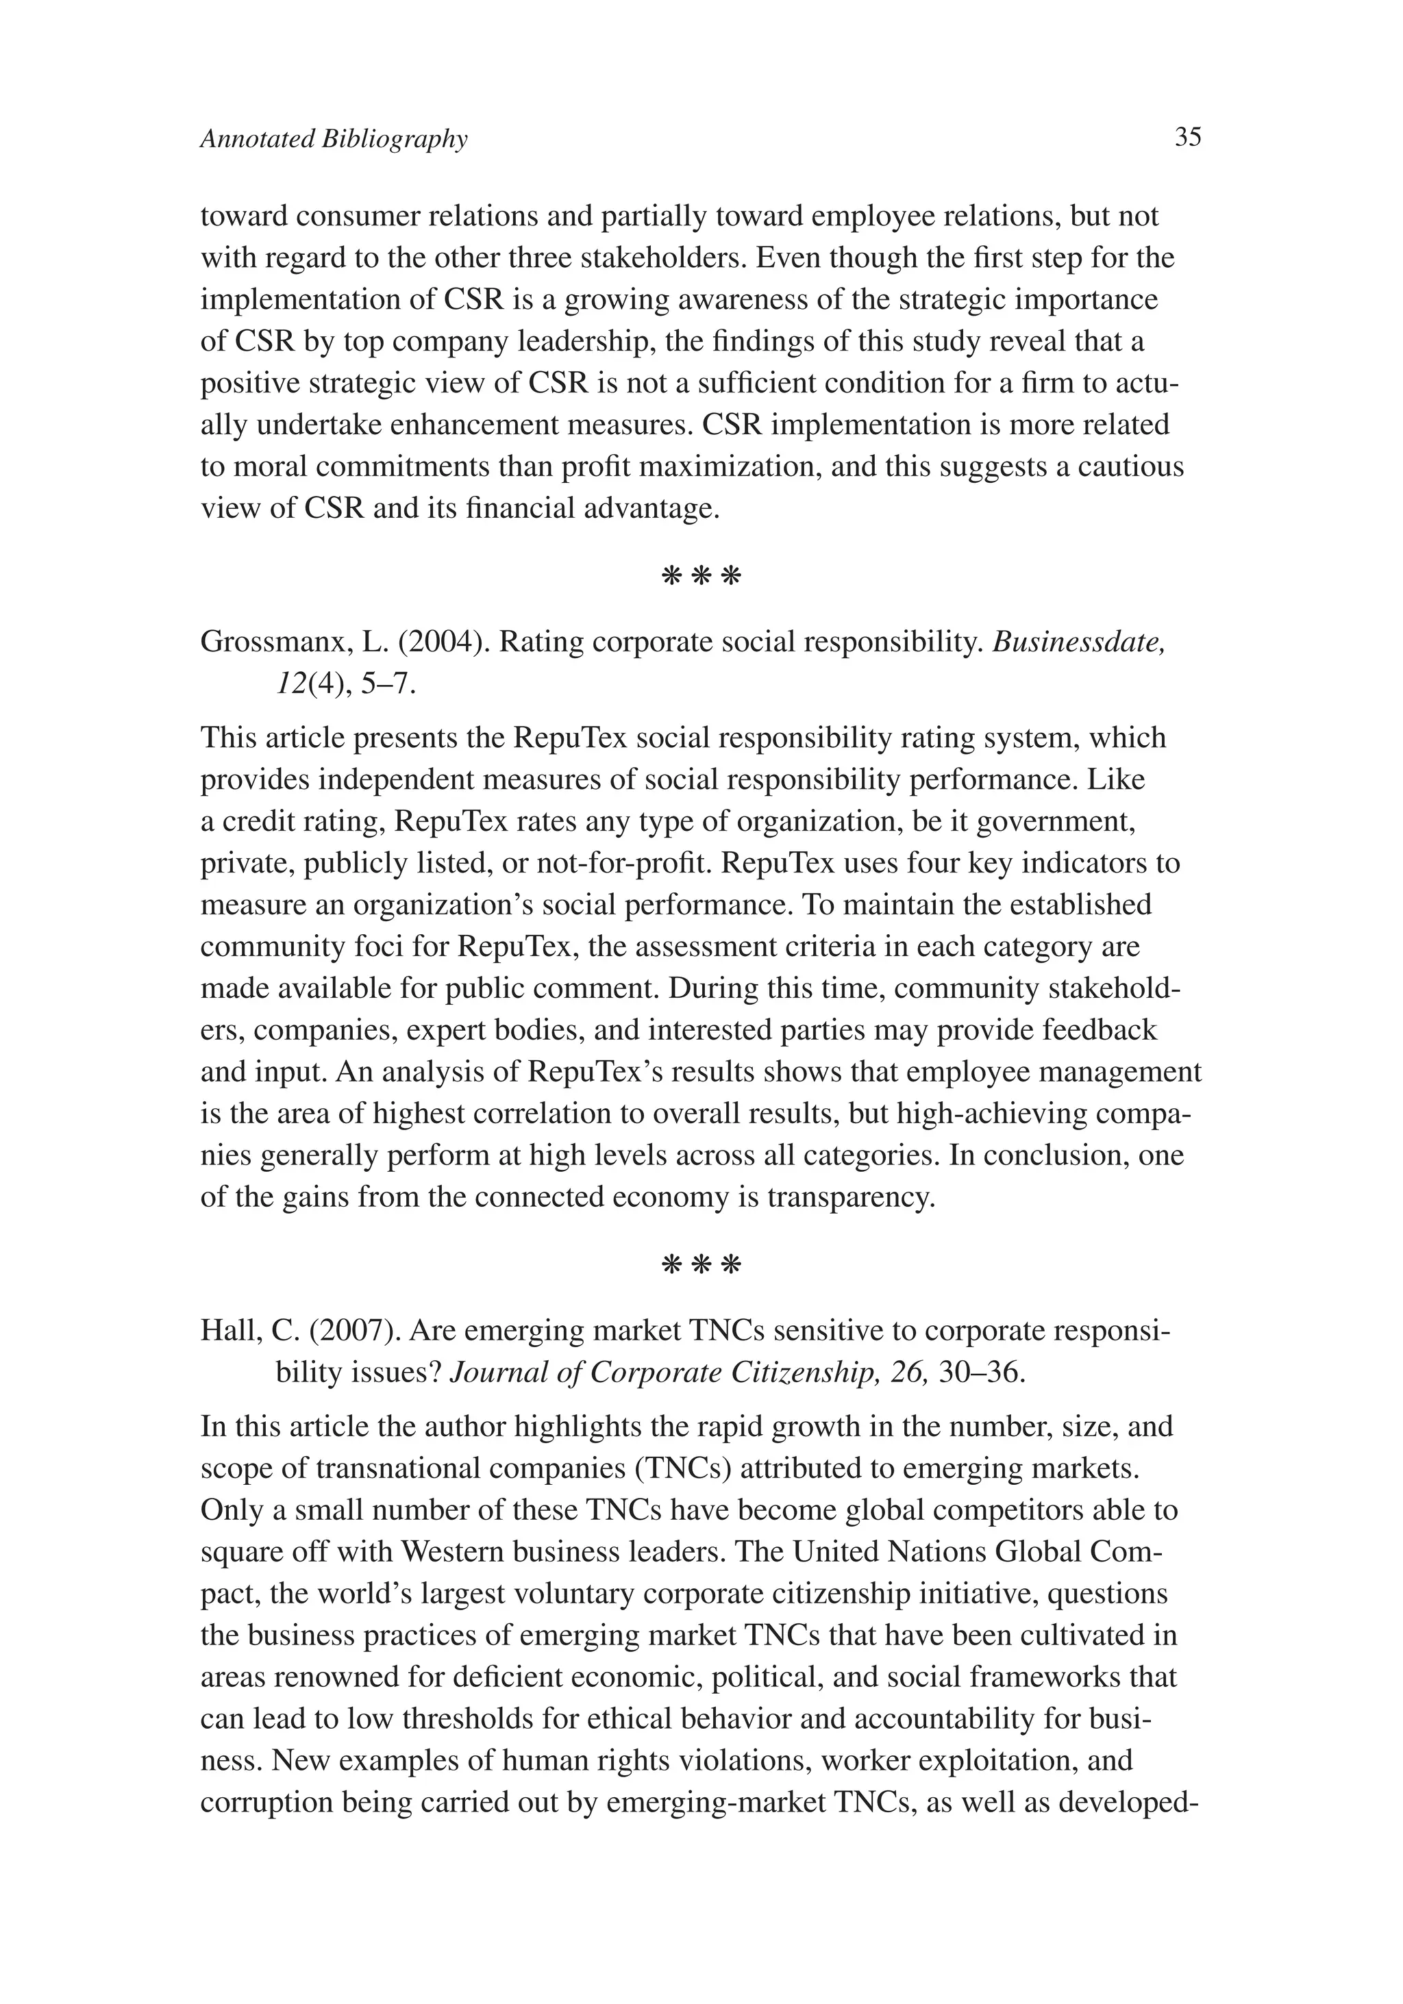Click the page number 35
pyautogui.click(x=1187, y=138)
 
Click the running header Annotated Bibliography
pyautogui.click(x=334, y=140)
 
